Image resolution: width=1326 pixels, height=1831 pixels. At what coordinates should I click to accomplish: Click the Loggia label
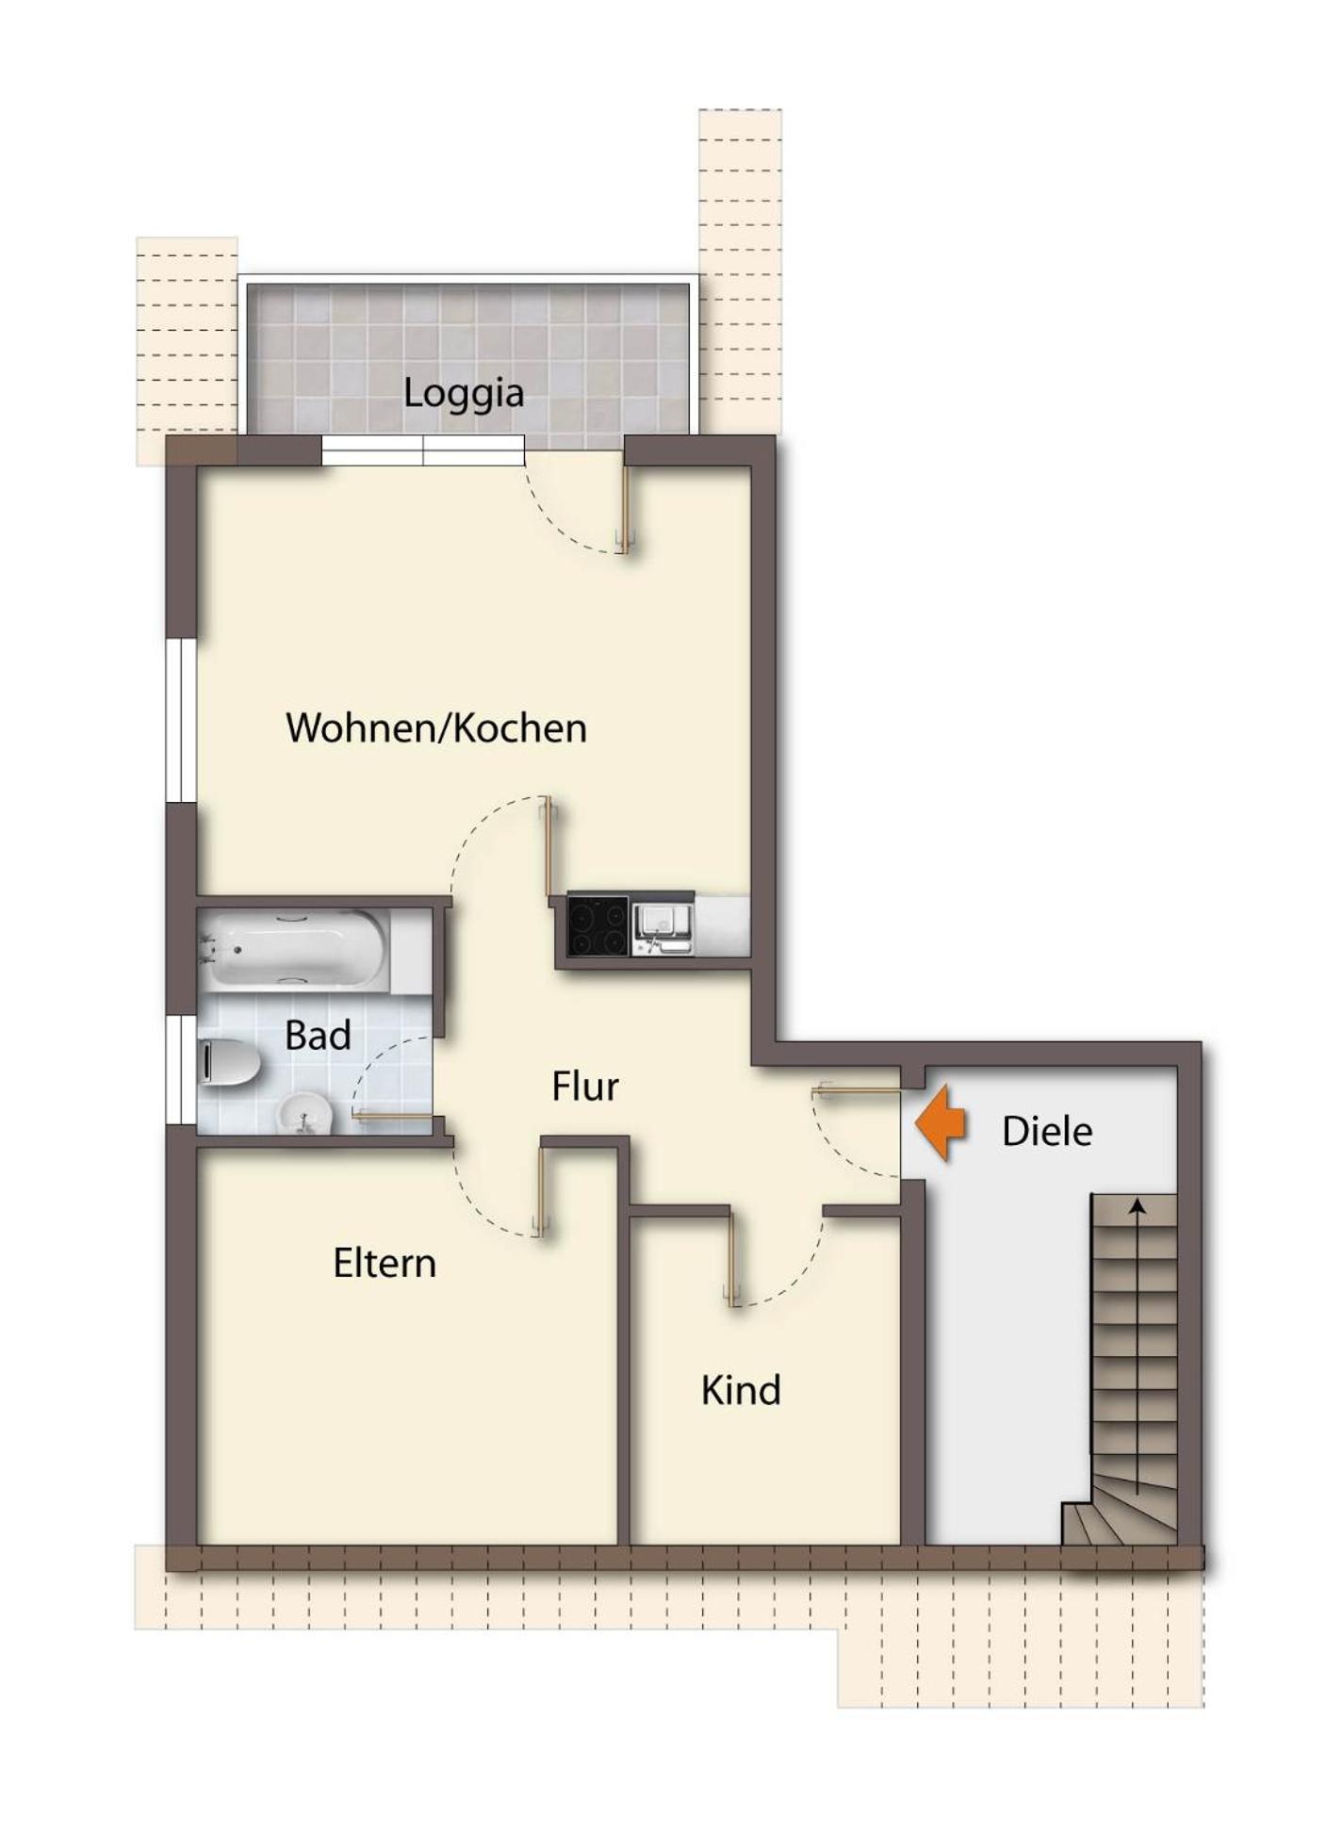464,393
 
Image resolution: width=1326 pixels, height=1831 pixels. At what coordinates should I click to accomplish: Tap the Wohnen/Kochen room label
436,728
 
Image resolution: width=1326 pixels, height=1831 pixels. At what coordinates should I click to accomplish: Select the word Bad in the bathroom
318,1036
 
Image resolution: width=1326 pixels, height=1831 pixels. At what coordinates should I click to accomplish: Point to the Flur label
585,1087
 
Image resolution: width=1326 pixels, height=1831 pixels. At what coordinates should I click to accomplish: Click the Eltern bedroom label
385,1264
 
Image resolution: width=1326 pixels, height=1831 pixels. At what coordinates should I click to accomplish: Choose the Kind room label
741,1391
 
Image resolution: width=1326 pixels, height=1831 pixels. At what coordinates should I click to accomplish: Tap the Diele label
1047,1132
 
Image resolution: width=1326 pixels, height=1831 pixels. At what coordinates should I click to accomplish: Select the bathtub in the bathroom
294,949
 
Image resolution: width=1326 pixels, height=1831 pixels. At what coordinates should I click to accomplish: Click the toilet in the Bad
229,1064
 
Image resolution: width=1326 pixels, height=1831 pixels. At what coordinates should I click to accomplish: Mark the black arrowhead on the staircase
1138,1206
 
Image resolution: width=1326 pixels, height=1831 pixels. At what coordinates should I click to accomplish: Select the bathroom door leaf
393,1117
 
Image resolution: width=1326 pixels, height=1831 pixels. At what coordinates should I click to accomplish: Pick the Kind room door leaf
732,1257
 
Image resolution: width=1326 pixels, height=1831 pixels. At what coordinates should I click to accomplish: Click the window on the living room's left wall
181,721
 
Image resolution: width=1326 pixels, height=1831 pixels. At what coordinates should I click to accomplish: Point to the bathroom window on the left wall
181,1070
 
